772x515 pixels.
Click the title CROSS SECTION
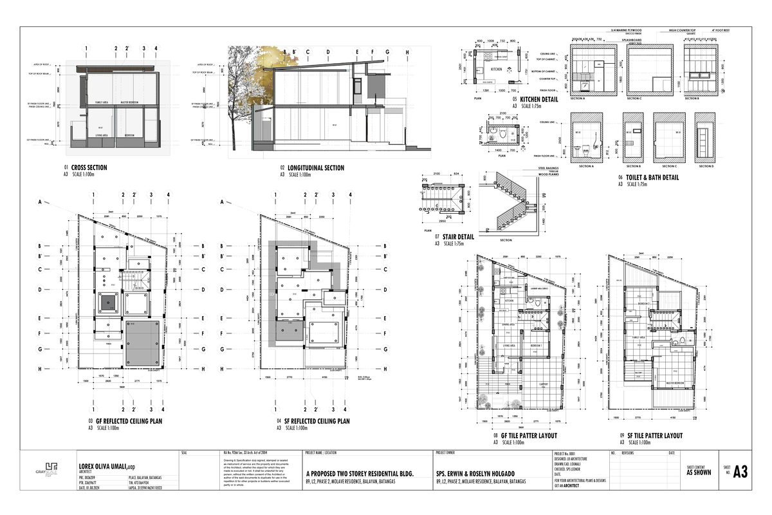point(89,168)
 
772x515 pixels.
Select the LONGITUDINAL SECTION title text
point(315,168)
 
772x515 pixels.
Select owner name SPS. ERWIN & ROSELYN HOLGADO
point(481,473)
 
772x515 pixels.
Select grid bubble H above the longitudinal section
point(407,51)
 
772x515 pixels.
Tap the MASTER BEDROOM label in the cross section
point(129,102)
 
